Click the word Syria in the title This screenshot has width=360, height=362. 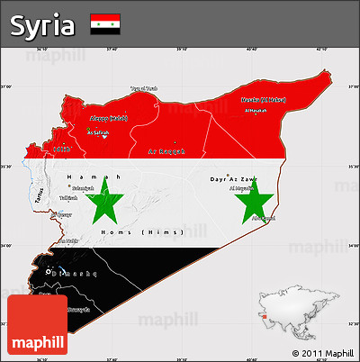tap(42, 25)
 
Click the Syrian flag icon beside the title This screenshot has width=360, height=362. tap(105, 24)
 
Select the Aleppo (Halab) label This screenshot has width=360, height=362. tap(110, 118)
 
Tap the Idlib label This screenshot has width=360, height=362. tap(61, 149)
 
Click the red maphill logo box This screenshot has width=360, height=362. tap(37, 324)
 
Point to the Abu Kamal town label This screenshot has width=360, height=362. tap(263, 217)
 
